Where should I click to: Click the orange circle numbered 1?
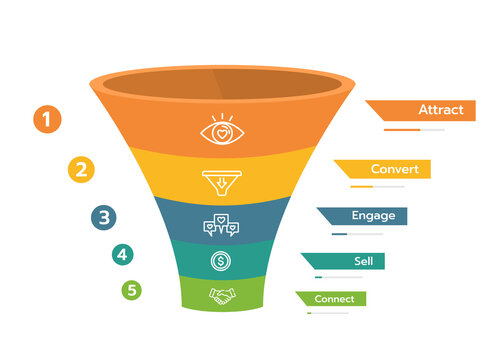coord(47,121)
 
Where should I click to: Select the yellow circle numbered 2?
coord(81,168)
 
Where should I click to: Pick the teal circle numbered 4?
coord(122,255)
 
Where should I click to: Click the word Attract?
coord(440,110)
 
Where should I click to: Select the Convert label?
coord(394,169)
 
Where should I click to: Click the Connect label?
coord(334,298)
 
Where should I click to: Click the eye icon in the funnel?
coord(221,131)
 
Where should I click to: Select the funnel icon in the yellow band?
coord(221,182)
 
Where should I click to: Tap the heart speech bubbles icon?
coord(221,225)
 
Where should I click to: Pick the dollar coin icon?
coord(221,262)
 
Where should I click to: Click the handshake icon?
coord(221,295)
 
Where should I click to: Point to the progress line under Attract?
coord(414,130)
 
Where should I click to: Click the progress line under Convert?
coord(377,187)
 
